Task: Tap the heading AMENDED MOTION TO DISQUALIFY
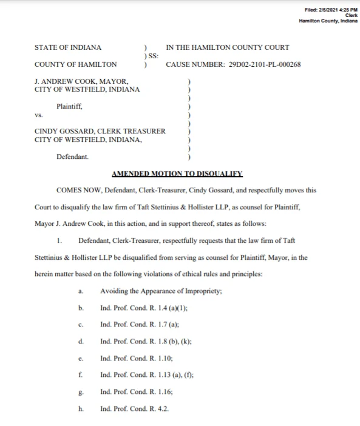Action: tap(177, 174)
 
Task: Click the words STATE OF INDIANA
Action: tap(68, 47)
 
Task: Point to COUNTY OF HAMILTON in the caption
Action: tap(76, 64)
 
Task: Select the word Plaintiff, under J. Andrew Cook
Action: tap(69, 106)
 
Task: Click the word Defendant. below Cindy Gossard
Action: tap(72, 157)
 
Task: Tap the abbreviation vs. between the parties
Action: tap(39, 115)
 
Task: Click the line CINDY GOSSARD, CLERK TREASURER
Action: tap(100, 131)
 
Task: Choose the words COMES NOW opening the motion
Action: tap(80, 190)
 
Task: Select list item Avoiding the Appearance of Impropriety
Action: tap(161, 291)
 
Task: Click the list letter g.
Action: tap(81, 392)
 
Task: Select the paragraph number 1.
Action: tap(59, 240)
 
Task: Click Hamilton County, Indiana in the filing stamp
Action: tap(328, 21)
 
